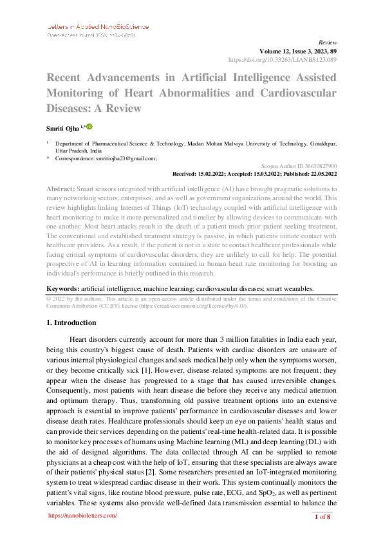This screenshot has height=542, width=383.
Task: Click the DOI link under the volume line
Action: (283, 59)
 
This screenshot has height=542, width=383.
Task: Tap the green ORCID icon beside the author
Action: (89, 127)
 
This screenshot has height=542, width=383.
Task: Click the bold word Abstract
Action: (61, 189)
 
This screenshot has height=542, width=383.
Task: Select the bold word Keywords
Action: (62, 290)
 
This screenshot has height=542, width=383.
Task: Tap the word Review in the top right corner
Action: (328, 41)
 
